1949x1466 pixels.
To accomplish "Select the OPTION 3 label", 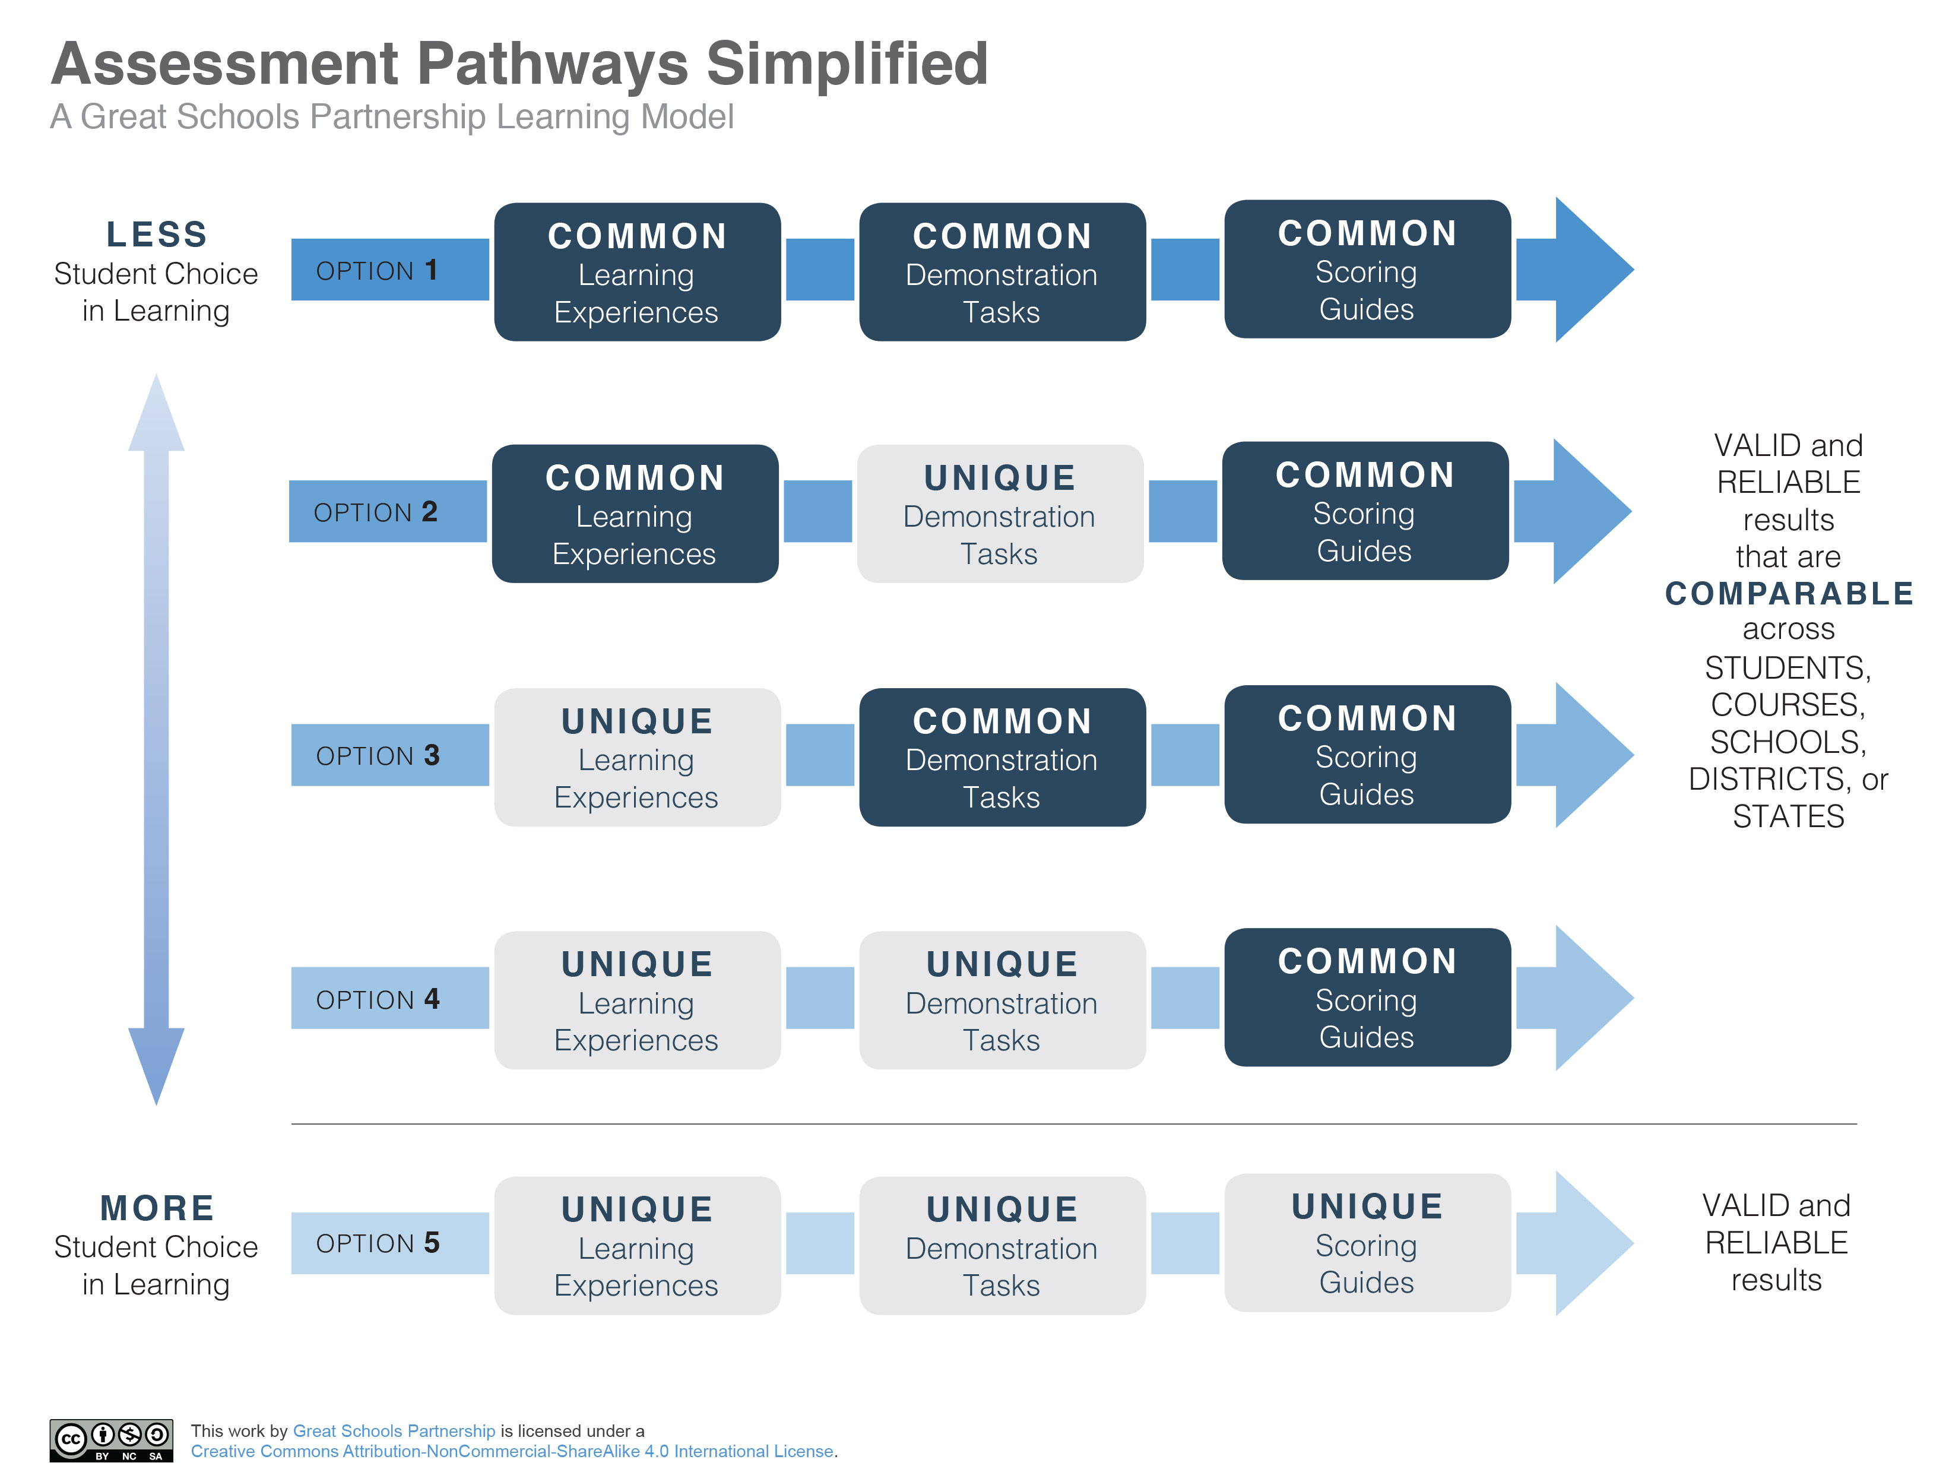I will pyautogui.click(x=377, y=755).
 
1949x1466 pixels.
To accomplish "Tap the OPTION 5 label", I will pyautogui.click(x=377, y=1243).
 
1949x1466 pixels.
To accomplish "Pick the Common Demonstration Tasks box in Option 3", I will pyautogui.click(x=1002, y=758).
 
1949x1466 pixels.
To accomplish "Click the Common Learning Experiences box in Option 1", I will pyautogui.click(x=636, y=272).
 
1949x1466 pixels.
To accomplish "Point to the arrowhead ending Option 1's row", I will pyautogui.click(x=1590, y=270).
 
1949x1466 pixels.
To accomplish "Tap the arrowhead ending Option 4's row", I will pyautogui.click(x=1590, y=998).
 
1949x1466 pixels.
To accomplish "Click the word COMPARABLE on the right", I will pyautogui.click(x=1789, y=594).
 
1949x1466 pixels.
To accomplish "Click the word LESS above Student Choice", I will pyautogui.click(x=157, y=235).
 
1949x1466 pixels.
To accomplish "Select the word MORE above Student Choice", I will pyautogui.click(x=157, y=1208).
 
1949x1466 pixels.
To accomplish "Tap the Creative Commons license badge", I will pyautogui.click(x=111, y=1439).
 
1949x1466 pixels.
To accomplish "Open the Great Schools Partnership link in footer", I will pyautogui.click(x=394, y=1431).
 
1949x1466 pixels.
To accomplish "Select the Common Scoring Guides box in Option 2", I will pyautogui.click(x=1365, y=512).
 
